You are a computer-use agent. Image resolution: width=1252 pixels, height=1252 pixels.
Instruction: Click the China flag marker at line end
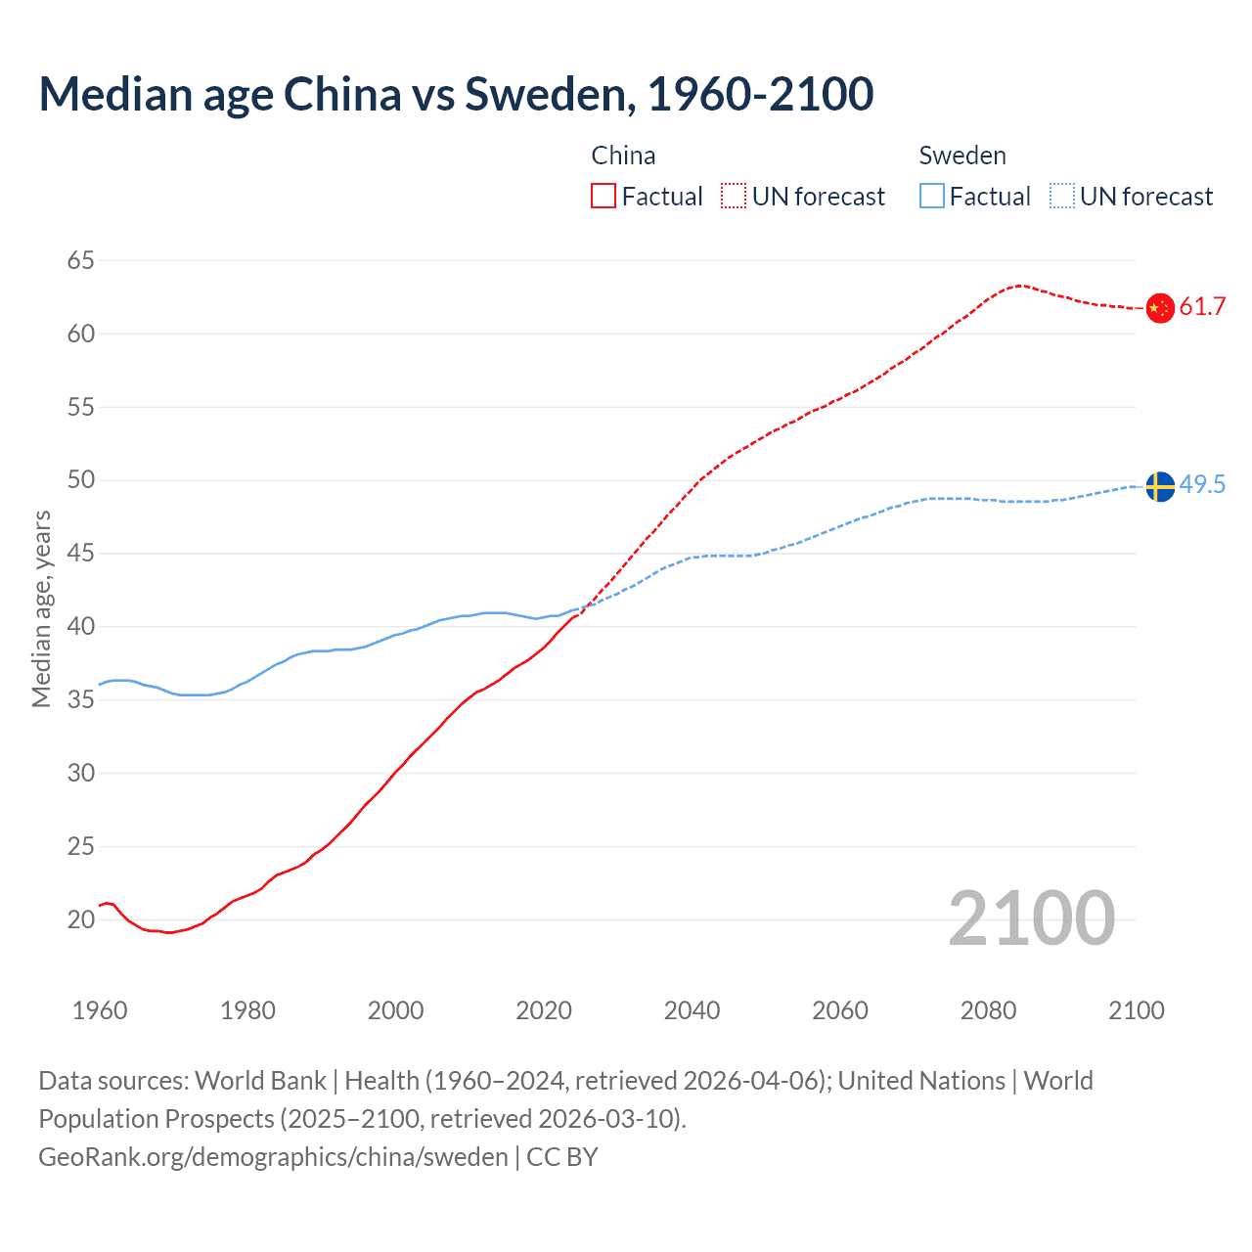pyautogui.click(x=1159, y=308)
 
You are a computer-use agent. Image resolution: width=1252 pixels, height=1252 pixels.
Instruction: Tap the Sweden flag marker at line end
pyautogui.click(x=1159, y=486)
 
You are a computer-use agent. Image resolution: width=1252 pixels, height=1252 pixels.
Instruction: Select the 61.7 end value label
pyautogui.click(x=1202, y=307)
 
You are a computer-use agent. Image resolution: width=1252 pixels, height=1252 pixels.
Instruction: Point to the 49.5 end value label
pyautogui.click(x=1202, y=485)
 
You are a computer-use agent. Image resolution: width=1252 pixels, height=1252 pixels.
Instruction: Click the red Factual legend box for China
pyautogui.click(x=604, y=197)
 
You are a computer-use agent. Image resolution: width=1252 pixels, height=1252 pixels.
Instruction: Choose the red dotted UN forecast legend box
pyautogui.click(x=734, y=197)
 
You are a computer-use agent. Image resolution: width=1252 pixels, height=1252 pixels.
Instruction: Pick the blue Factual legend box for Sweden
pyautogui.click(x=932, y=197)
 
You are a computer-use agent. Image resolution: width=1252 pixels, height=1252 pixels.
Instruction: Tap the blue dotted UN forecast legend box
pyautogui.click(x=1061, y=197)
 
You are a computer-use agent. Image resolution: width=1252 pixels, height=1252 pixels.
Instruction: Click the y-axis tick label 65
pyautogui.click(x=81, y=260)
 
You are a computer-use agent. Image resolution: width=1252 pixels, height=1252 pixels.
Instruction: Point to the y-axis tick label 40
pyautogui.click(x=81, y=626)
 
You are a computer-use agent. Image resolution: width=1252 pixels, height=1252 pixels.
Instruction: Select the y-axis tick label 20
pyautogui.click(x=81, y=919)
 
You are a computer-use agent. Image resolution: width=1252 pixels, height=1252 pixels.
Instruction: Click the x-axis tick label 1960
pyautogui.click(x=100, y=1010)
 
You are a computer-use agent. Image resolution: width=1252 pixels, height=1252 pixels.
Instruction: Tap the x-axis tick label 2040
pyautogui.click(x=692, y=1010)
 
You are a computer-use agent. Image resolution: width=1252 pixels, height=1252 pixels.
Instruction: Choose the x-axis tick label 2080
pyautogui.click(x=988, y=1010)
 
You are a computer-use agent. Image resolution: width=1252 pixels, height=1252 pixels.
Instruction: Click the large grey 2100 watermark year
pyautogui.click(x=1031, y=918)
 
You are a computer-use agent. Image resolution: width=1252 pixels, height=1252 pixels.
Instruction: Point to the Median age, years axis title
pyautogui.click(x=41, y=608)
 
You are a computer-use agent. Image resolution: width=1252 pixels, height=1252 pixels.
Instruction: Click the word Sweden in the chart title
pyautogui.click(x=546, y=94)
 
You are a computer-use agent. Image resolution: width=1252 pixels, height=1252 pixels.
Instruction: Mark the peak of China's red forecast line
pyautogui.click(x=1020, y=286)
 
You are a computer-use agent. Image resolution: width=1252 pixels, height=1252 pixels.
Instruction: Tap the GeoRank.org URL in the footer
pyautogui.click(x=273, y=1157)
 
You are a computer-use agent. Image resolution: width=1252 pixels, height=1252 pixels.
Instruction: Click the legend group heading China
pyautogui.click(x=623, y=156)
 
